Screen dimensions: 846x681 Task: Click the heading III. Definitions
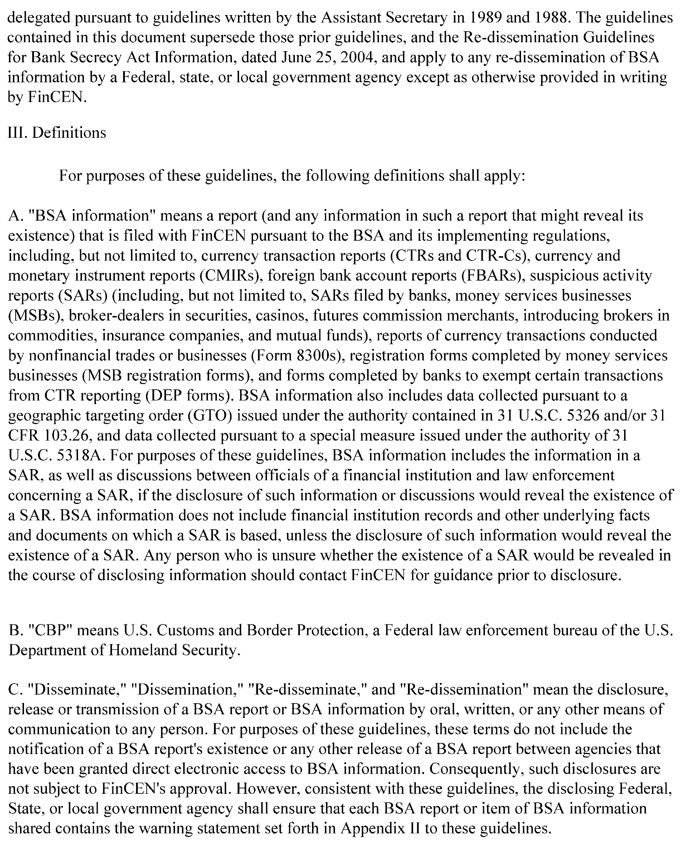pyautogui.click(x=57, y=133)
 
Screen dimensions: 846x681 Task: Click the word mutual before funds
pyautogui.click(x=298, y=335)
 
